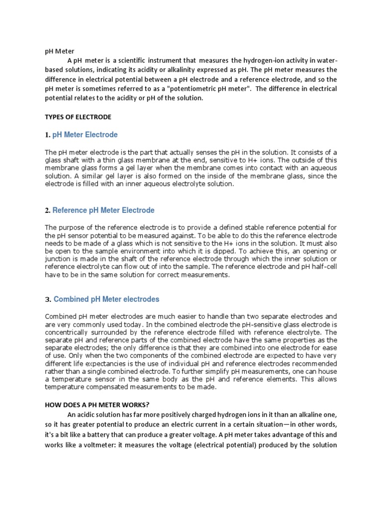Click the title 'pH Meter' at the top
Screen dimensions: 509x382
(x=59, y=51)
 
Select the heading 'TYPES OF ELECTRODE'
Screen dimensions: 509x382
(x=78, y=117)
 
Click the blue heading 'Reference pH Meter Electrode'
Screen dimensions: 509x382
(x=103, y=210)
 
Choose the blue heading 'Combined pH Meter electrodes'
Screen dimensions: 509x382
(x=106, y=299)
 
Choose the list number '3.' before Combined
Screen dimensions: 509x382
(x=48, y=300)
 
